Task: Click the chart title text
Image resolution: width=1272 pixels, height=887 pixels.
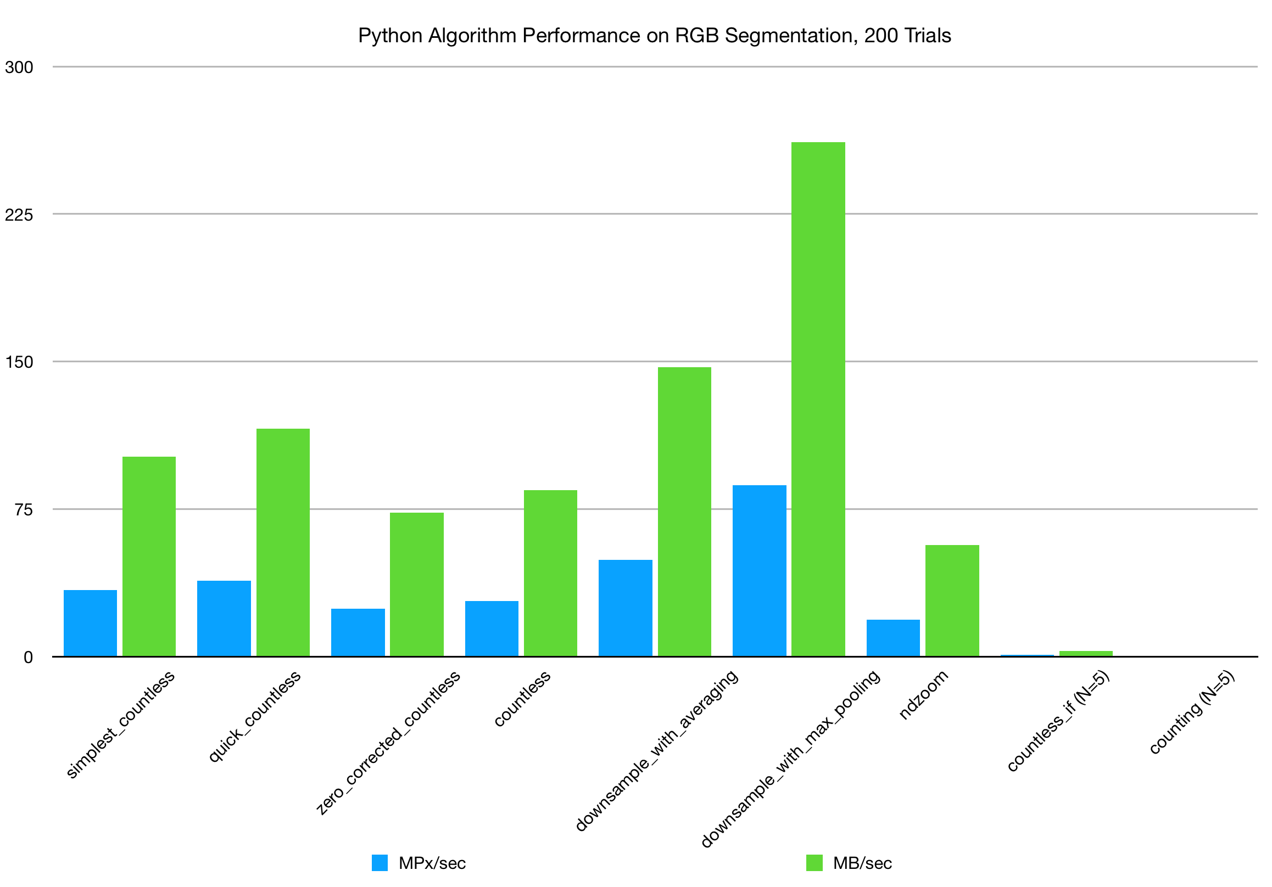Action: (x=654, y=36)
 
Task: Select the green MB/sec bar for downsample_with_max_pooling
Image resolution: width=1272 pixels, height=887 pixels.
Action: (x=818, y=399)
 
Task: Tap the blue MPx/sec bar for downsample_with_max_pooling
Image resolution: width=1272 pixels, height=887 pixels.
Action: (x=759, y=571)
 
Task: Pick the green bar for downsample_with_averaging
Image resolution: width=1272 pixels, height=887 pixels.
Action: (x=684, y=512)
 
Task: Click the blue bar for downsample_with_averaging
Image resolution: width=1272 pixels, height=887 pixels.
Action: (x=626, y=608)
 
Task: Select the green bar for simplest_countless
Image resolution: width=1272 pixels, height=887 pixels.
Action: (x=149, y=557)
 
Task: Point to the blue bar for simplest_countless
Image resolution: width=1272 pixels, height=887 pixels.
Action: (x=90, y=624)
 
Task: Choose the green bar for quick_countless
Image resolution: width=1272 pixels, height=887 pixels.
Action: (x=283, y=543)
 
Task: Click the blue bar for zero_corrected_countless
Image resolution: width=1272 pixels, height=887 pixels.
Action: (x=358, y=633)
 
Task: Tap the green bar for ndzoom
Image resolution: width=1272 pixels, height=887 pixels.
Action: (x=952, y=600)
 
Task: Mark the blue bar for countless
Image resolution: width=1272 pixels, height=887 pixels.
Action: (x=492, y=629)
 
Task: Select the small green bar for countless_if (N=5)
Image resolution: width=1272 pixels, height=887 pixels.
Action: (x=1086, y=654)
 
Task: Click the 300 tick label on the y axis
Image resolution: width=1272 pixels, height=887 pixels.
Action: (x=19, y=68)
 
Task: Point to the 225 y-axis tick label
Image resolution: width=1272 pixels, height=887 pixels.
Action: (x=19, y=215)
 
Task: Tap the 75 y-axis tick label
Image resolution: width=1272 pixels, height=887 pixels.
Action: (x=24, y=510)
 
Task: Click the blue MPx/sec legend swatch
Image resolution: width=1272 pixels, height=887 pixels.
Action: (x=380, y=863)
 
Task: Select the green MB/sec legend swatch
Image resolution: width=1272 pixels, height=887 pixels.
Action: (x=814, y=863)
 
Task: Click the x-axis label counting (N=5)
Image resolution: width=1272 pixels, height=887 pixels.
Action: (x=1192, y=712)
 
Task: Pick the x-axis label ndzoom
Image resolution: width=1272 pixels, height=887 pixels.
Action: (x=924, y=694)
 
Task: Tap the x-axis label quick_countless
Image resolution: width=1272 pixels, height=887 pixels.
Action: (x=254, y=716)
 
